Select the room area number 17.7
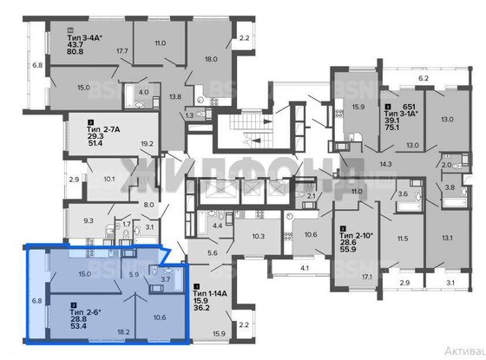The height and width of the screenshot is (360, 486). [121, 50]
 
